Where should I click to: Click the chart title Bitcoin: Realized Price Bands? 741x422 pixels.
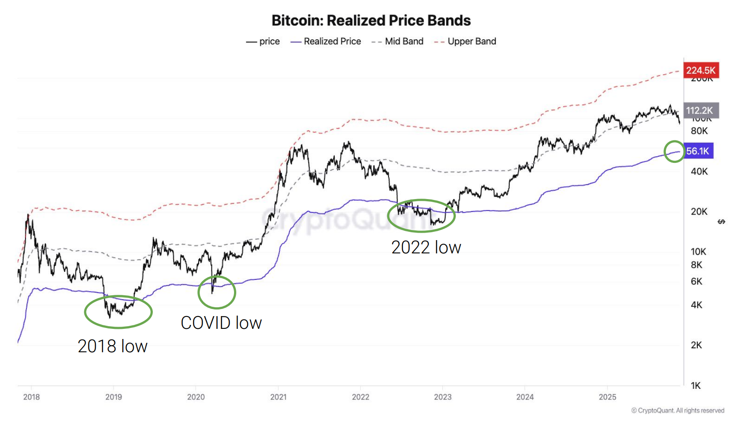371,20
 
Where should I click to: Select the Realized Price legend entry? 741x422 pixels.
326,41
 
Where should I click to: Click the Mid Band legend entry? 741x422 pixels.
397,41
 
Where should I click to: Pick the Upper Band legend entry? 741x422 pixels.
465,41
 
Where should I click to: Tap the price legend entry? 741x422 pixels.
263,41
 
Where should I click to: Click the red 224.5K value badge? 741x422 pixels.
701,70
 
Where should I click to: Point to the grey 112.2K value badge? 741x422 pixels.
701,110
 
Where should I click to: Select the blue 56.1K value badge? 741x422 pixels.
698,151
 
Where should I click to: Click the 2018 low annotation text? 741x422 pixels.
113,346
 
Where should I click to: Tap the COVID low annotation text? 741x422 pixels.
221,323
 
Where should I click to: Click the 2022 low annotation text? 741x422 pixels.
426,247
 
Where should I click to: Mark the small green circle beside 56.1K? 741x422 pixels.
674,151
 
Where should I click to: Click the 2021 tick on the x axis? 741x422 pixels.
278,397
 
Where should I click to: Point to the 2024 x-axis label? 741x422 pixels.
525,397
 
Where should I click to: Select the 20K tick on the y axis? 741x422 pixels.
699,211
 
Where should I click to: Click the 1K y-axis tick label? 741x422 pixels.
696,386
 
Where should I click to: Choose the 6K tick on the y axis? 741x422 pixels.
696,281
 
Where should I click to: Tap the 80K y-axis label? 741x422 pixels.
699,131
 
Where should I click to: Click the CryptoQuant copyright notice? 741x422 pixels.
677,411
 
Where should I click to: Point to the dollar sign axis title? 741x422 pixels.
722,222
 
